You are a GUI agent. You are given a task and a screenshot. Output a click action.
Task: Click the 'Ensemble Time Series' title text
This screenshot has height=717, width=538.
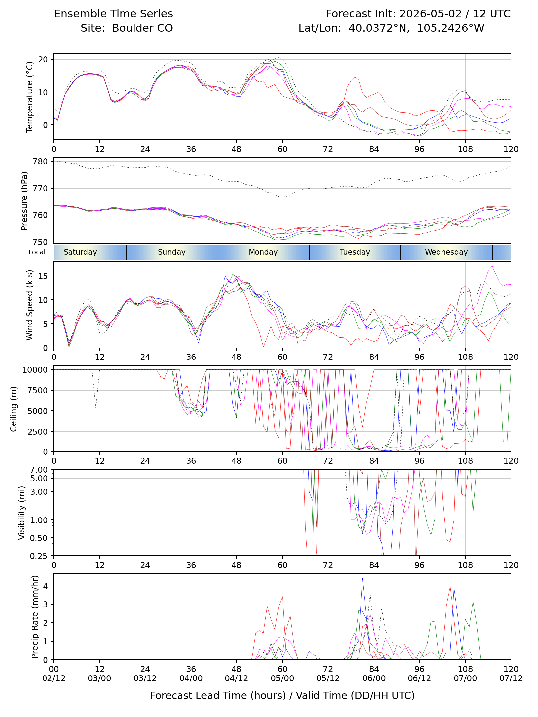click(x=113, y=14)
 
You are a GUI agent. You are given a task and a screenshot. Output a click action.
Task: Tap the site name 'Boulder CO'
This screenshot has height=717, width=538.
click(x=142, y=28)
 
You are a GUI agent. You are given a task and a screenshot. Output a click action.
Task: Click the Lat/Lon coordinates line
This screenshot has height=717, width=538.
click(x=391, y=28)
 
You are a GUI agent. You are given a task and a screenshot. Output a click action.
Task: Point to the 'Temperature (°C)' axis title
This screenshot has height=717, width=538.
click(x=30, y=97)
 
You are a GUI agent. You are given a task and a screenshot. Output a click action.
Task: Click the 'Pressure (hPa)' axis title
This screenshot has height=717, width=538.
click(x=24, y=201)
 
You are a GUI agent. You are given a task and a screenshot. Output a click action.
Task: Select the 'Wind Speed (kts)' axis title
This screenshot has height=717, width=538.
click(x=30, y=305)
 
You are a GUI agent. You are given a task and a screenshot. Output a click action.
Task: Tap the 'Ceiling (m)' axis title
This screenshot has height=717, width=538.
click(x=13, y=409)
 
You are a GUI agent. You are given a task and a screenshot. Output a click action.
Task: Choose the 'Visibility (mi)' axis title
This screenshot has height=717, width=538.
click(x=22, y=513)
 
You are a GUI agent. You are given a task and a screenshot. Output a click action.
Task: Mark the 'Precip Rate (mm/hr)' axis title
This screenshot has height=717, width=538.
click(x=35, y=616)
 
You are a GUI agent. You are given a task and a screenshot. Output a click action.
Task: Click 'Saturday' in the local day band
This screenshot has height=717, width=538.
click(x=80, y=252)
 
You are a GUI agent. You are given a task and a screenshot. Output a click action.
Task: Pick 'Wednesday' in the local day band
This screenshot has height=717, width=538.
click(x=446, y=252)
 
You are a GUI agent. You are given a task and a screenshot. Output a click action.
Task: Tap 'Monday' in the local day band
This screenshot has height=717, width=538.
click(x=263, y=252)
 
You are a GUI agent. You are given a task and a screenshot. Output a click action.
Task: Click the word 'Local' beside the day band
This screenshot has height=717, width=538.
click(x=37, y=252)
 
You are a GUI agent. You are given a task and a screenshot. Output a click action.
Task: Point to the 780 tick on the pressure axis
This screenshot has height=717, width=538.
click(x=41, y=161)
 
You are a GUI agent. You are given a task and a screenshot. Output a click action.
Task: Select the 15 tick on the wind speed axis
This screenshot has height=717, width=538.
click(x=43, y=276)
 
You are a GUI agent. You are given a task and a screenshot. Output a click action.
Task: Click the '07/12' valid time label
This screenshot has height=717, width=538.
click(x=511, y=678)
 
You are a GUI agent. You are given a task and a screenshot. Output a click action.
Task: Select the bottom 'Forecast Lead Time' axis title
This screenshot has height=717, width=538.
click(x=283, y=695)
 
